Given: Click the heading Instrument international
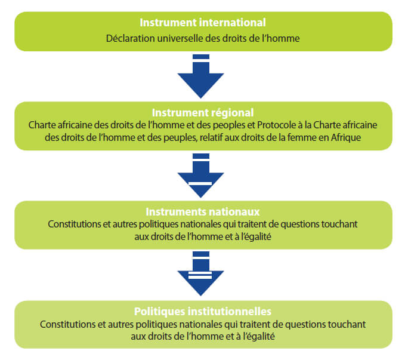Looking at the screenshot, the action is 203,23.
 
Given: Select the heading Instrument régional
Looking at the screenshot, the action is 203,113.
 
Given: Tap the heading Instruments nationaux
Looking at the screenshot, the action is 203,212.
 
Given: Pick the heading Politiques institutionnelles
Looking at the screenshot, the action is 203,312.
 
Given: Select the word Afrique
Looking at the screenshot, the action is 346,137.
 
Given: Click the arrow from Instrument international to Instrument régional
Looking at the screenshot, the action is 200,76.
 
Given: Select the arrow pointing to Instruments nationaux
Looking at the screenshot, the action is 200,176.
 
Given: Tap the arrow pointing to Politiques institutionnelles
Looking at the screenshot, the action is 200,274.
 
